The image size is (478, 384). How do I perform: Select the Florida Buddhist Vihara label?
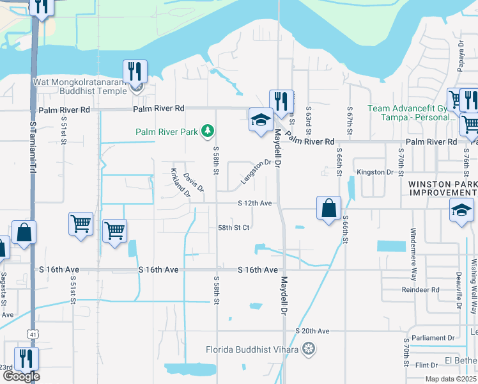click(252, 349)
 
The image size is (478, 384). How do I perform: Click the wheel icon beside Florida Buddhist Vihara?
click(309, 349)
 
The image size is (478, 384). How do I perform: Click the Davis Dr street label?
click(193, 182)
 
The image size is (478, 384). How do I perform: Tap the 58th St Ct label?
click(233, 227)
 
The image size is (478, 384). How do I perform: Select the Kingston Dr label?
click(374, 172)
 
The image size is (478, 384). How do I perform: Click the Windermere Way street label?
click(413, 247)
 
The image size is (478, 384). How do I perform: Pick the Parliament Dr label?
click(433, 338)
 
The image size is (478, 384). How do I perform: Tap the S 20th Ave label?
click(312, 331)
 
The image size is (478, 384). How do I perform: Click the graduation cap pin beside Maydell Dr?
click(260, 120)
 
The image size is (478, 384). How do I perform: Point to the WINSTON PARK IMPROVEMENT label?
click(442, 188)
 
